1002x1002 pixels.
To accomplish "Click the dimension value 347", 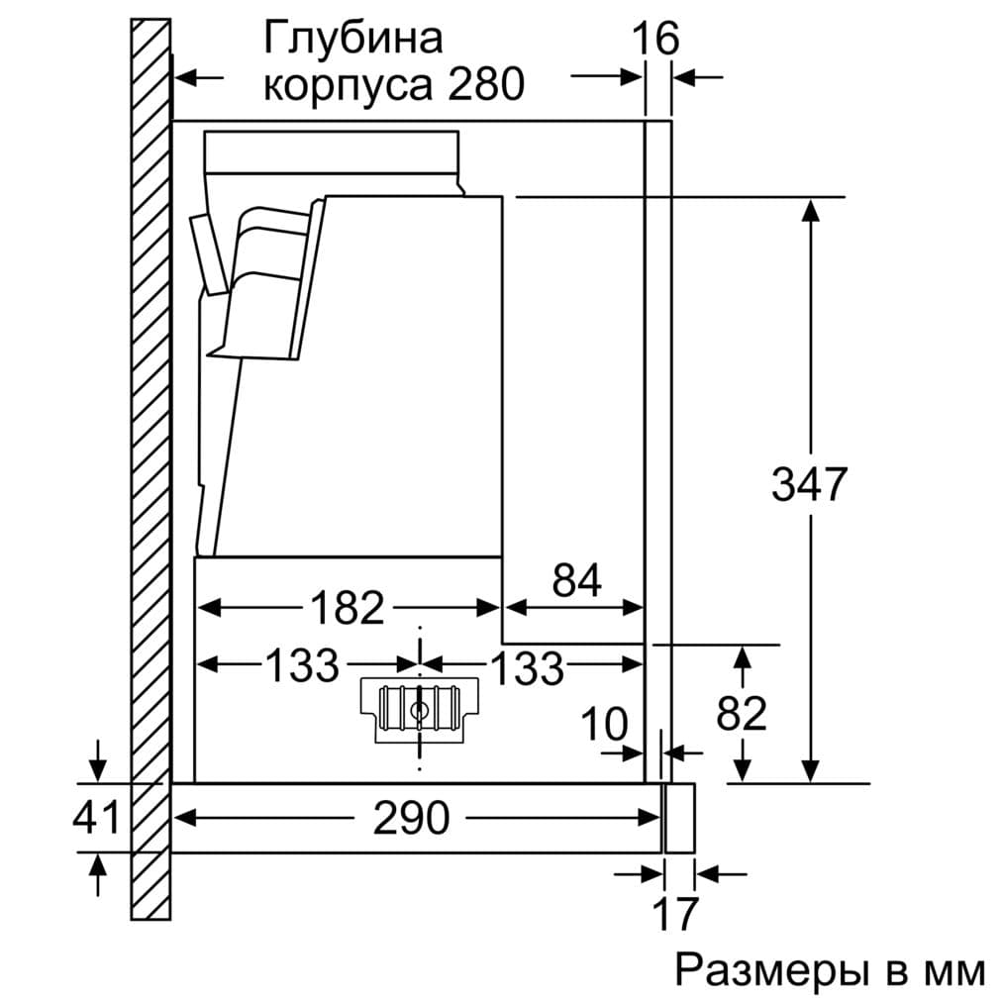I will [x=809, y=484].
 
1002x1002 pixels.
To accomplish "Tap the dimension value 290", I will [x=411, y=818].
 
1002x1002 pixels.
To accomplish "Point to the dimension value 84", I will [x=576, y=581].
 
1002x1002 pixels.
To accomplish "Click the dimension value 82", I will [x=741, y=713].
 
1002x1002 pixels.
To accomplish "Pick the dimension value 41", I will [x=96, y=818].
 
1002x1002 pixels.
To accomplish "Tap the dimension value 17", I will [x=676, y=913].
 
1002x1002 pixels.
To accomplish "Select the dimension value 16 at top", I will [x=655, y=39].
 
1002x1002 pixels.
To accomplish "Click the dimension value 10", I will [x=604, y=726].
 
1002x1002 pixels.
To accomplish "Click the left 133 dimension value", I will [x=301, y=666].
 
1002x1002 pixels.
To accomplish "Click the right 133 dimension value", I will [x=527, y=668].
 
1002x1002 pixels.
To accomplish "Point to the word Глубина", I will [x=352, y=40].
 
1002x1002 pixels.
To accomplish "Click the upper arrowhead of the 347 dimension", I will [x=811, y=210].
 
